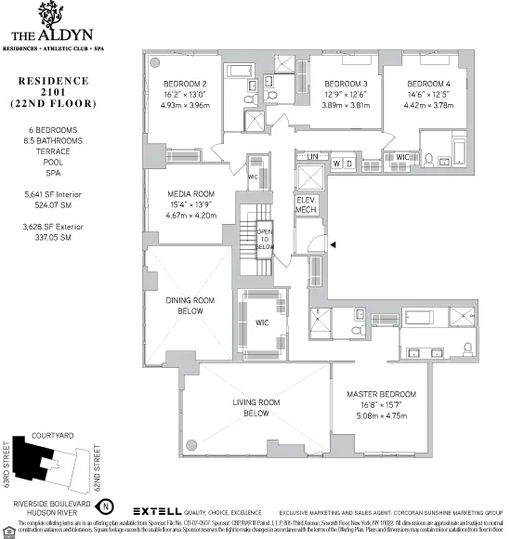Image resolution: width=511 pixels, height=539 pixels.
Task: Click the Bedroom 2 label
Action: pos(185,83)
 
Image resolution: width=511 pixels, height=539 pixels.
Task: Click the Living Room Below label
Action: pos(255,407)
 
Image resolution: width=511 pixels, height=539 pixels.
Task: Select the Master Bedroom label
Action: pos(381,394)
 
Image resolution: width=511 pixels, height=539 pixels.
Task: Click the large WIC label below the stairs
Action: pos(263,323)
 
